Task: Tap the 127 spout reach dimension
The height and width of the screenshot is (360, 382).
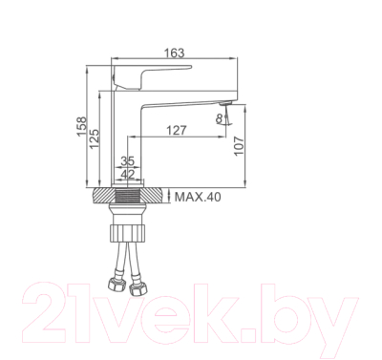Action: (176, 130)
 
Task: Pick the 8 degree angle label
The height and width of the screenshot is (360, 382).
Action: (220, 118)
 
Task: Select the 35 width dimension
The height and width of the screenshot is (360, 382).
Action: (127, 162)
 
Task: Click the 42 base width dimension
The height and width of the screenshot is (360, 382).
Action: (127, 175)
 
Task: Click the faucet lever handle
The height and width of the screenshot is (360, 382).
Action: (153, 73)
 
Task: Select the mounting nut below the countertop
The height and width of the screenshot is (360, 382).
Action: (127, 231)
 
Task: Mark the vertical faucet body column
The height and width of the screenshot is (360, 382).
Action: (127, 134)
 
